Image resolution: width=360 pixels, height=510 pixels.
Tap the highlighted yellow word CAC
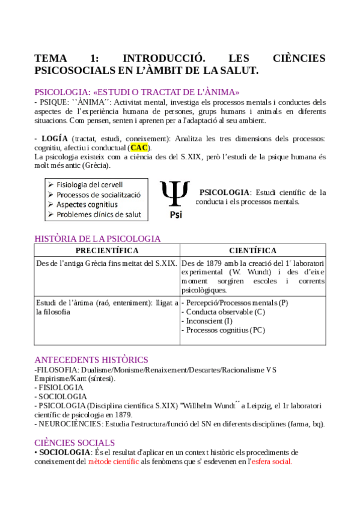(x=139, y=147)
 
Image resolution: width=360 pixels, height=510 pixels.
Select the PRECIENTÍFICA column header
(x=107, y=250)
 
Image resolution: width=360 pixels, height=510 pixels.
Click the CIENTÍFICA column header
(x=253, y=250)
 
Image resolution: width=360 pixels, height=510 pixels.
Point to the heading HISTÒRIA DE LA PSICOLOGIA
(x=98, y=238)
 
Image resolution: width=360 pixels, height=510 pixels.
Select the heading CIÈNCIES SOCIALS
(x=75, y=442)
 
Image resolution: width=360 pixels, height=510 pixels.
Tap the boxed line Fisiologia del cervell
(x=90, y=185)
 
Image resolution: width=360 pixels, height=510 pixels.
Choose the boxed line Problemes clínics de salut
(x=99, y=214)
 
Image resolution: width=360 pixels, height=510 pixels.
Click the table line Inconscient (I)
(x=207, y=321)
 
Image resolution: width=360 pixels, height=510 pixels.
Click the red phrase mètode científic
(x=114, y=461)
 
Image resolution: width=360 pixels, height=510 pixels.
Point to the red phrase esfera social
(x=272, y=461)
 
